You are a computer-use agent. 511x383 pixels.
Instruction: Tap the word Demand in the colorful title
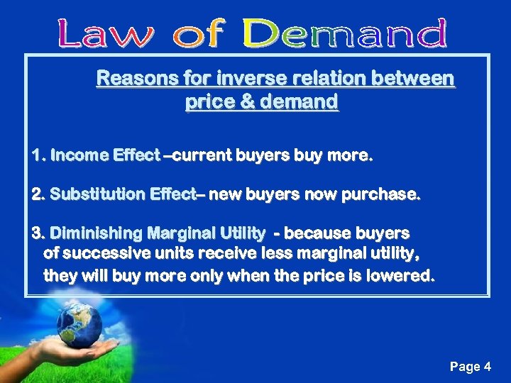(345, 33)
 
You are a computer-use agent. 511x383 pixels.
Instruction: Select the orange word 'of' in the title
(200, 33)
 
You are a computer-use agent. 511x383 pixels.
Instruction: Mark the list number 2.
(37, 194)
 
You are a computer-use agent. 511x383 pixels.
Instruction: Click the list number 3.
(37, 233)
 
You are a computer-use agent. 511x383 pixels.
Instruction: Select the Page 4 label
(470, 367)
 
